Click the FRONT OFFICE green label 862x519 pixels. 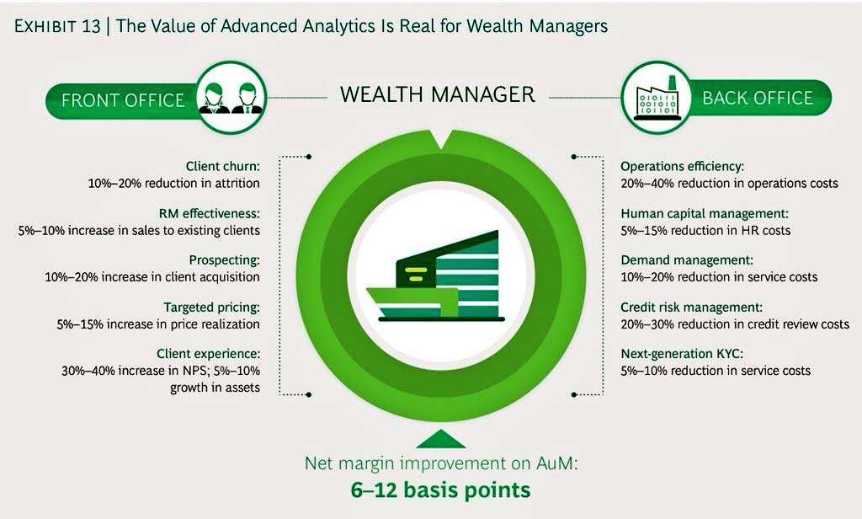click(123, 99)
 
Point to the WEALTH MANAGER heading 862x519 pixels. click(438, 94)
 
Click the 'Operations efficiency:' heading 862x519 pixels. click(682, 166)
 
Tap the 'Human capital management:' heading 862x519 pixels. click(705, 213)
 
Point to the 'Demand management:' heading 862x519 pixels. click(687, 260)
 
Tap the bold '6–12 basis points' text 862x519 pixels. click(441, 490)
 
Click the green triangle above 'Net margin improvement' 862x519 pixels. click(441, 438)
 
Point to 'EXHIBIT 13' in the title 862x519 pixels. click(55, 26)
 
